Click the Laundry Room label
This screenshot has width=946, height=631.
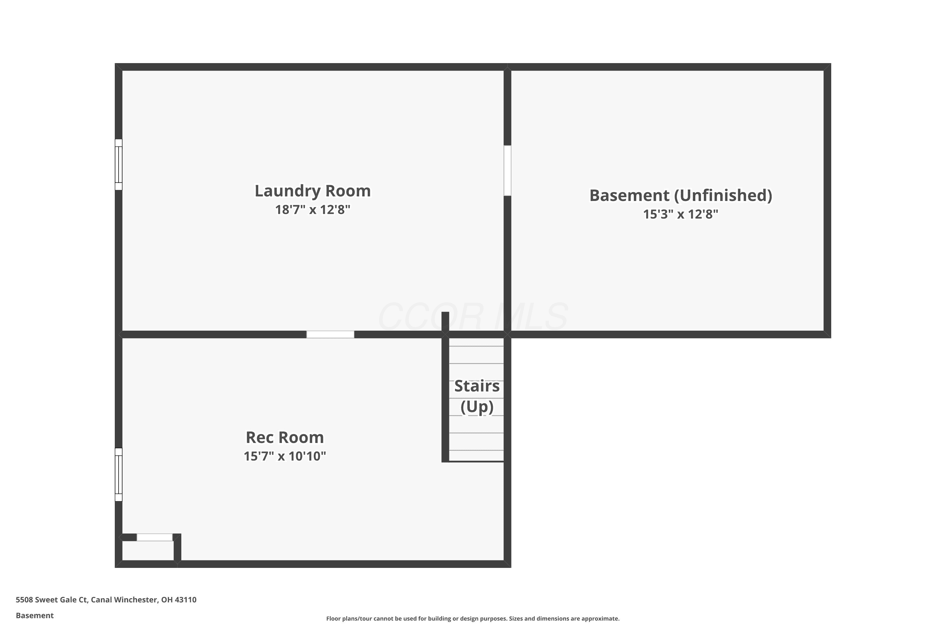(x=312, y=191)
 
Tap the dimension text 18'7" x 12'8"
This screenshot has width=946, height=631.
(x=312, y=210)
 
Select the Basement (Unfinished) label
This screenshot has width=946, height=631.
(x=680, y=196)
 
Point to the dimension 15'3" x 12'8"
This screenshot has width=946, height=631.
(x=680, y=214)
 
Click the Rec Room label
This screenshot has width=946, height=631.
(x=285, y=437)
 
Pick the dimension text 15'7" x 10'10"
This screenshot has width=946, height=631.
(x=285, y=456)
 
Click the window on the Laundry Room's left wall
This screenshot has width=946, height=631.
(x=119, y=165)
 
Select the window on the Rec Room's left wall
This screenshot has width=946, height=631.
(x=119, y=475)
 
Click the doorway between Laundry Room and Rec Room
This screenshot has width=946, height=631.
(x=330, y=334)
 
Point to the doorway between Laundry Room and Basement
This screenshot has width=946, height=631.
(x=508, y=171)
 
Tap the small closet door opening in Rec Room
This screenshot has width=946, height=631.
(x=155, y=537)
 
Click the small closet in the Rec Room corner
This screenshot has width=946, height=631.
(x=148, y=551)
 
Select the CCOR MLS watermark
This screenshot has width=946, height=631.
(x=473, y=317)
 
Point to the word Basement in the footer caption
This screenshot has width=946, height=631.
(x=35, y=615)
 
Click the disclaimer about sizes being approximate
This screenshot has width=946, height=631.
(x=473, y=618)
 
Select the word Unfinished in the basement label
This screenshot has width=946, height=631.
(x=723, y=196)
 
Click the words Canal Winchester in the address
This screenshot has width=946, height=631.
(x=124, y=600)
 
